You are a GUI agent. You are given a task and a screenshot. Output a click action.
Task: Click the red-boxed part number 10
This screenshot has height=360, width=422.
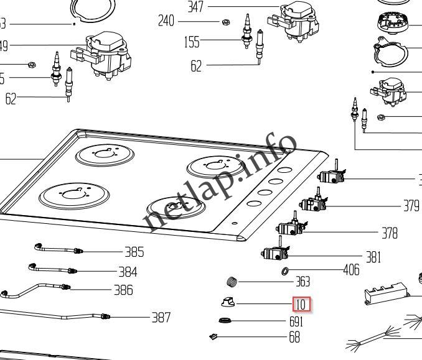[x=302, y=305]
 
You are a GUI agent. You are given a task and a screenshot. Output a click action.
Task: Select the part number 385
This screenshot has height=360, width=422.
[x=134, y=252]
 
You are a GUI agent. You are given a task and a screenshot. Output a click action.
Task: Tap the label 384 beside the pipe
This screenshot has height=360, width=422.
[x=128, y=272]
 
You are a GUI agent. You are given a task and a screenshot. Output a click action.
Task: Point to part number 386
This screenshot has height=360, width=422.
[x=123, y=290]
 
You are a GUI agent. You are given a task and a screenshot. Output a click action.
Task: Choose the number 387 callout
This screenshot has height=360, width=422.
[x=161, y=318]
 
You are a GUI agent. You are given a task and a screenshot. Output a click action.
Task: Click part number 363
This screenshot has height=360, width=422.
[x=302, y=282]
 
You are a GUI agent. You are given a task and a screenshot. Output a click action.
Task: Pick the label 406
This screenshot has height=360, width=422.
[x=352, y=270]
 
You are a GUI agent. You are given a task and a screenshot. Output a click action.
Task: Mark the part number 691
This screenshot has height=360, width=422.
[x=296, y=322]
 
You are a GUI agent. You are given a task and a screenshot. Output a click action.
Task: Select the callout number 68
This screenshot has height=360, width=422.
[x=294, y=337]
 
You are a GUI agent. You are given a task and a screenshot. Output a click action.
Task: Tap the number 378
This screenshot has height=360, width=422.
[x=390, y=233]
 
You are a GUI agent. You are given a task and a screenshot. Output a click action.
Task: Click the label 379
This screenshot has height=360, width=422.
[x=411, y=206]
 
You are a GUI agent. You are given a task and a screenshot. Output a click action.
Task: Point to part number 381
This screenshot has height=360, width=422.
[x=373, y=257]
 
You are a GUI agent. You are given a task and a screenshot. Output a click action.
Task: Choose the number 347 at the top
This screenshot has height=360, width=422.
[x=196, y=7]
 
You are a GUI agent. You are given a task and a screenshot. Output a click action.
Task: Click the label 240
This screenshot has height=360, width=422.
[x=166, y=21]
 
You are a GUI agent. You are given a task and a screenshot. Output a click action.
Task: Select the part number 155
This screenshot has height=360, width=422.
[x=192, y=42]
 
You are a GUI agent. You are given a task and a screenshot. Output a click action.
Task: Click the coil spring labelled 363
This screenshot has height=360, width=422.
[x=232, y=281]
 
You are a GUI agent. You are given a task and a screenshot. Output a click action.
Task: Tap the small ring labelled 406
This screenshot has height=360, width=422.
[x=286, y=270]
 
